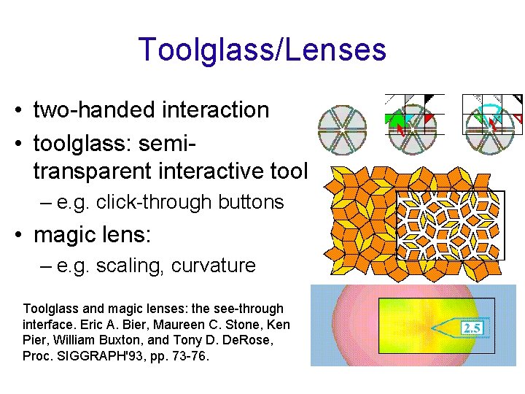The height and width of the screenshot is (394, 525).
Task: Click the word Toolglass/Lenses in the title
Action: [x=262, y=50]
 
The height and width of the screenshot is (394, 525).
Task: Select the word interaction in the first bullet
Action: [x=211, y=110]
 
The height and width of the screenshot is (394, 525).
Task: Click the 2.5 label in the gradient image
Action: [x=472, y=328]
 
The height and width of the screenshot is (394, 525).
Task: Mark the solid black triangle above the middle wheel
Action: [x=435, y=98]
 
